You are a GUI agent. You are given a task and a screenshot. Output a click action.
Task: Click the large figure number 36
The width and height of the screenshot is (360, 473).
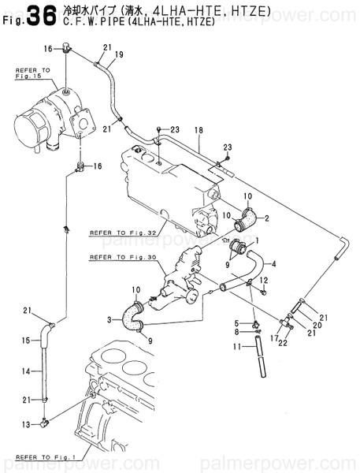40,17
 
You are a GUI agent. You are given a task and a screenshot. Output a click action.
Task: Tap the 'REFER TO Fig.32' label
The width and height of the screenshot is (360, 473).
123,233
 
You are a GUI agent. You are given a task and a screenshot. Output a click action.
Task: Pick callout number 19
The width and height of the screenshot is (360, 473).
120,54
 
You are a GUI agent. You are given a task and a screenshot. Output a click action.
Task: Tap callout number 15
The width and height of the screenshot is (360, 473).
25,340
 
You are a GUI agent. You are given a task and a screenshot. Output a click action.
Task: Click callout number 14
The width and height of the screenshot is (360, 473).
25,370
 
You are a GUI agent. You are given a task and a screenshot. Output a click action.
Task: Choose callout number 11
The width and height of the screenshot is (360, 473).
236,346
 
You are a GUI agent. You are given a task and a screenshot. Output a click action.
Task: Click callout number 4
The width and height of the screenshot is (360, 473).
273,264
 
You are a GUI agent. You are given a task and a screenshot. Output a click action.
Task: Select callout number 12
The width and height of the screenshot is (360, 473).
265,281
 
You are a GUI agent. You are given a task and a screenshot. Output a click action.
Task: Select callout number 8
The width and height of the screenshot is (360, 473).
236,334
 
